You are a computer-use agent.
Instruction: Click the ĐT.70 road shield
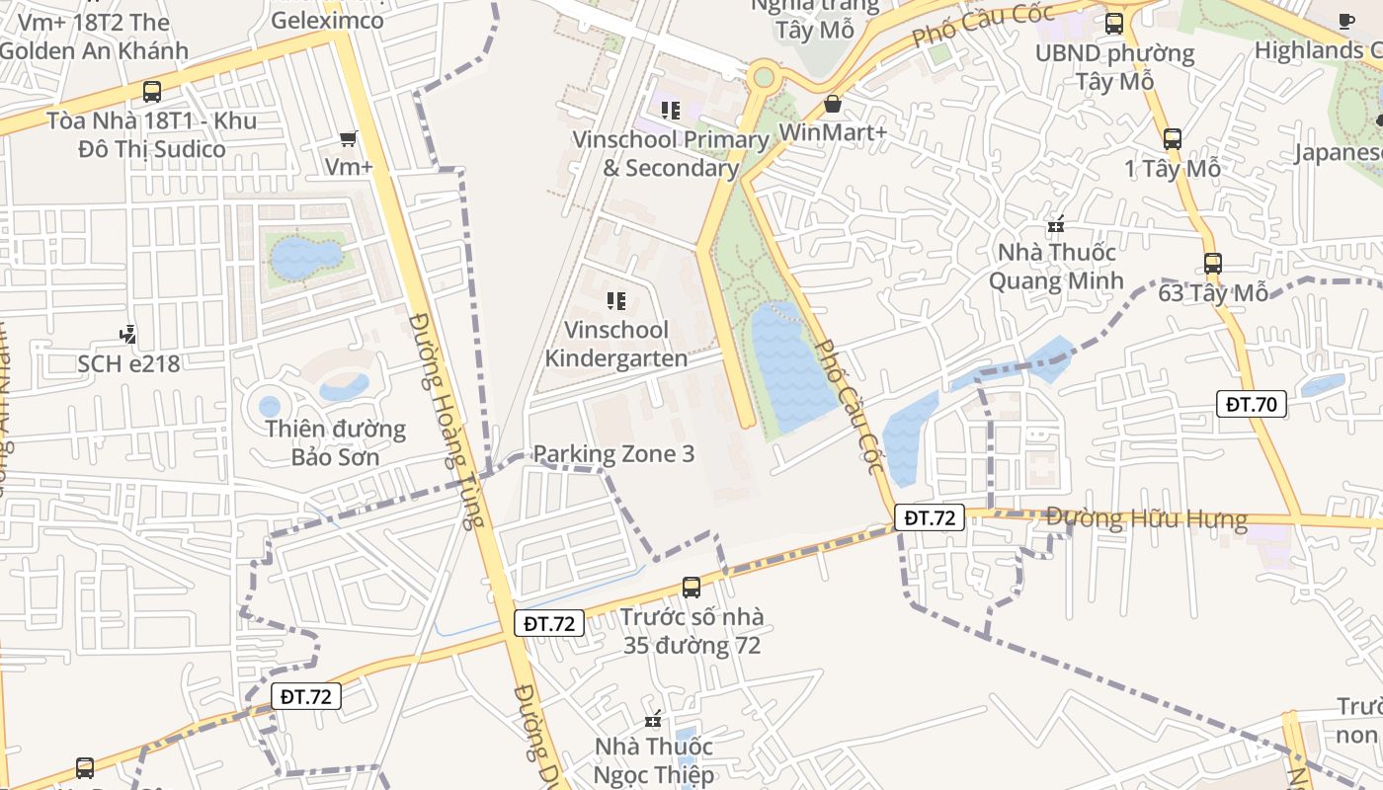(1251, 403)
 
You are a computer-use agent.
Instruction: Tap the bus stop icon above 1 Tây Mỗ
(1173, 139)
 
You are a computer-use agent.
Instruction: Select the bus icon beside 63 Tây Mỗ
(1213, 264)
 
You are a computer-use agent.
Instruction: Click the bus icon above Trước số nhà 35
(691, 588)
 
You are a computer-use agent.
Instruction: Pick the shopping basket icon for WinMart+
(833, 104)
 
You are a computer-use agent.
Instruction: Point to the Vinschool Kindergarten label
(616, 344)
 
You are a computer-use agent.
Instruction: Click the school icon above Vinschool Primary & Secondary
(671, 111)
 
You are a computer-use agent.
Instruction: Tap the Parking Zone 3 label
(613, 454)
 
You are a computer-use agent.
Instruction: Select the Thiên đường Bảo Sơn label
(336, 442)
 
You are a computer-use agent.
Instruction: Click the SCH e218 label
(129, 363)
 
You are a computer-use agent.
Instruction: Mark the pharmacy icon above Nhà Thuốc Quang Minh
(1057, 224)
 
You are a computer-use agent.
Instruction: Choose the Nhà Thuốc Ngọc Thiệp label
(654, 760)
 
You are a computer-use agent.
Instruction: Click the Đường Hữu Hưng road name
(1146, 518)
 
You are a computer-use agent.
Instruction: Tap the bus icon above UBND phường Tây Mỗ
(1114, 23)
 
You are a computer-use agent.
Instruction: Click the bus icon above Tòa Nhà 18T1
(152, 92)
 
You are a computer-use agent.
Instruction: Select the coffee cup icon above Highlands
(1345, 21)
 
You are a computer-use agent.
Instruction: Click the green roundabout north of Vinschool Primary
(764, 77)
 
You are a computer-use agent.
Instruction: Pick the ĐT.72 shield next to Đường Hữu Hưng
(930, 516)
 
